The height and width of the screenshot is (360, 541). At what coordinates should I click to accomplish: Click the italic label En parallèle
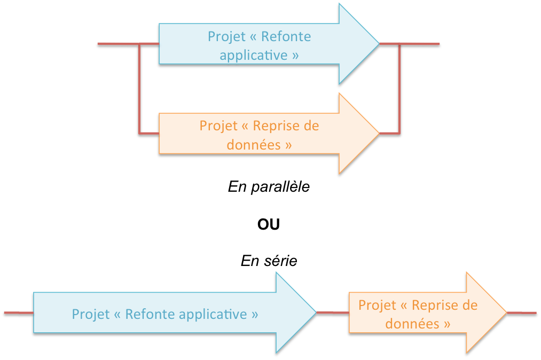tap(269, 187)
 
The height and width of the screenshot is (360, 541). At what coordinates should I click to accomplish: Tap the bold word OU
tap(269, 224)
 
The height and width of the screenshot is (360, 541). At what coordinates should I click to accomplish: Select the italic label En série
tap(269, 261)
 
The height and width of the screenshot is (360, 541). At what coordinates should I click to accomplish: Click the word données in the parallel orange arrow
tap(252, 144)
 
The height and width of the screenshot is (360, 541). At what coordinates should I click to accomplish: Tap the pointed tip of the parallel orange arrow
tap(378, 132)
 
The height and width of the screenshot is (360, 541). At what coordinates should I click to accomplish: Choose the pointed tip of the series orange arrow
tap(506, 312)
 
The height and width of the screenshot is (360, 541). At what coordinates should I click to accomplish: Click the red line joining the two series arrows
tap(332, 312)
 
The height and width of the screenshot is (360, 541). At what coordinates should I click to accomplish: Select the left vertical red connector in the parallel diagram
tap(139, 88)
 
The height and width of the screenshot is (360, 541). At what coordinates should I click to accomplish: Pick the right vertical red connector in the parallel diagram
tap(399, 88)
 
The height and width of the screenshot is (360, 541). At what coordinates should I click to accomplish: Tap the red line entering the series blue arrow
tap(18, 312)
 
